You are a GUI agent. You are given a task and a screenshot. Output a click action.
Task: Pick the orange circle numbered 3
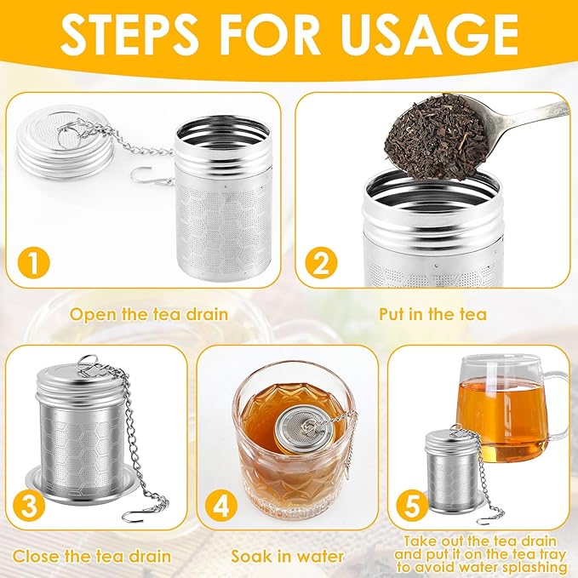[30, 507]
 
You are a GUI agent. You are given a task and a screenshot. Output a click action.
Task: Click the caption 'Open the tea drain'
[148, 314]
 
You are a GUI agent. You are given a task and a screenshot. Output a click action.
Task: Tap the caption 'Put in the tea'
[432, 314]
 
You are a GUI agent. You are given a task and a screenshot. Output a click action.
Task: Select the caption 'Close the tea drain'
[93, 557]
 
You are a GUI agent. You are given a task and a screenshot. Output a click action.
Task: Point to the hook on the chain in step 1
[140, 176]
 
